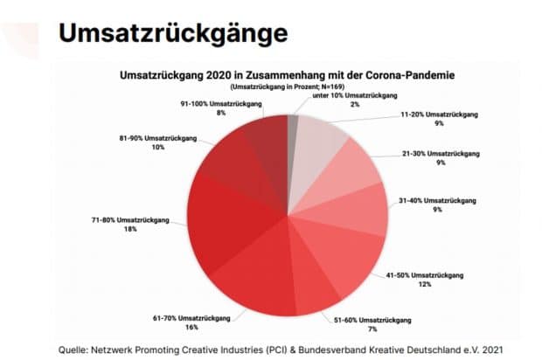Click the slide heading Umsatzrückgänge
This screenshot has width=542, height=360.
[x=172, y=32]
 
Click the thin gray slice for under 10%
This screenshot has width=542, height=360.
[x=293, y=131]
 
